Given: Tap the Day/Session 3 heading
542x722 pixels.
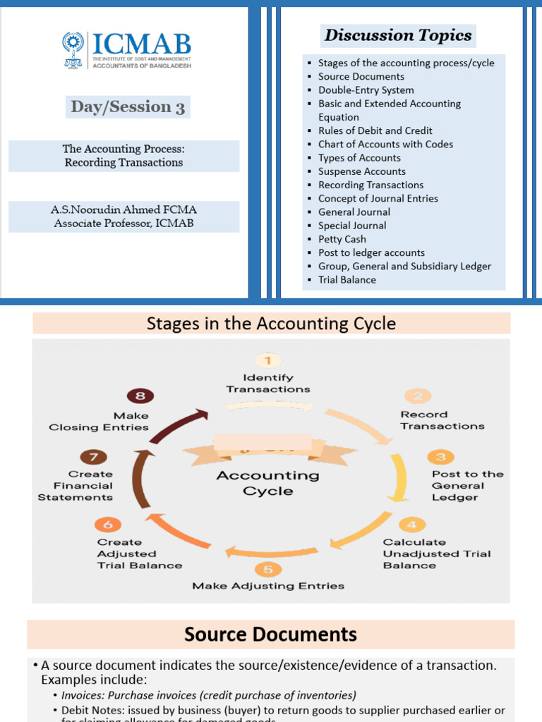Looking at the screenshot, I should click(x=128, y=107).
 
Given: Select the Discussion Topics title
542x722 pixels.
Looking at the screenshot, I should click(x=398, y=35).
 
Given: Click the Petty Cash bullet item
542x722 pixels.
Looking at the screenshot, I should click(x=342, y=239).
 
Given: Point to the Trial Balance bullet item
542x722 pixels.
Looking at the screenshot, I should click(x=347, y=280).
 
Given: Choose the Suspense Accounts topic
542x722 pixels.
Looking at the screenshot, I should click(x=361, y=171).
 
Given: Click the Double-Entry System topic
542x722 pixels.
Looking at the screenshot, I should click(x=366, y=90).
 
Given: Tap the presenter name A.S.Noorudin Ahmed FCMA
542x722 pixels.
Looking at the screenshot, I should click(x=124, y=210).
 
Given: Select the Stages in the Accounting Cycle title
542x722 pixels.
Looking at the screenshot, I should click(x=271, y=324).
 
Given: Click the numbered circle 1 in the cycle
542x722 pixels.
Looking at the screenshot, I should click(x=267, y=361).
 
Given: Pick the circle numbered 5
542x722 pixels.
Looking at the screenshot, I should click(x=267, y=569).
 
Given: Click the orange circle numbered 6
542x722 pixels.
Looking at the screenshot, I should click(x=107, y=525).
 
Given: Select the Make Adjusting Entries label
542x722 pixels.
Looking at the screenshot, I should click(x=268, y=586).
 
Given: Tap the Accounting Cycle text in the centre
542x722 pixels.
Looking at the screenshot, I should click(x=267, y=483).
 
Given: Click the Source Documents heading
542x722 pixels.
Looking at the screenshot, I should click(x=270, y=635).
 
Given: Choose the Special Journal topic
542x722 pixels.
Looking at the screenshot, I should click(x=352, y=226).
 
